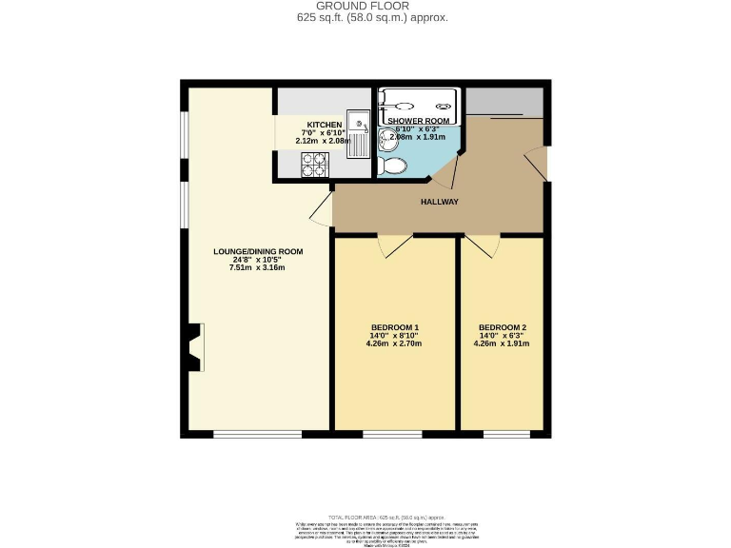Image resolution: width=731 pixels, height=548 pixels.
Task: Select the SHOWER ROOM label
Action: (x=418, y=121)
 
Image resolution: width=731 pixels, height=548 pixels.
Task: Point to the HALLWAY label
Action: (x=440, y=202)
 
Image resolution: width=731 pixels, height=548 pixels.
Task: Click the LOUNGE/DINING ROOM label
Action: (x=257, y=251)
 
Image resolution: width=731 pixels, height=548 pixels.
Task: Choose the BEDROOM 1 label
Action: (x=394, y=327)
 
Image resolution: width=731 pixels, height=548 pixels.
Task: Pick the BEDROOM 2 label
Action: (x=502, y=327)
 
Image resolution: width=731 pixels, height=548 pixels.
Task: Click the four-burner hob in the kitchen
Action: (x=315, y=167)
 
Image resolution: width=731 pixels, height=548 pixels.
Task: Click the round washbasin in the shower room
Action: (x=388, y=140)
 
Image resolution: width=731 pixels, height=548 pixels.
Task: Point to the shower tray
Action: (x=419, y=101)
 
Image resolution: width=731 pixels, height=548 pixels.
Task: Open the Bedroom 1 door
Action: (x=394, y=245)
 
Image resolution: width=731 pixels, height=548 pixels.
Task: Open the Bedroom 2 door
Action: (x=482, y=245)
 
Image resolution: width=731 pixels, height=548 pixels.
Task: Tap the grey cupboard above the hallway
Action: (x=504, y=101)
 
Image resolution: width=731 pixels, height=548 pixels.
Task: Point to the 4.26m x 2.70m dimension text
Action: (x=394, y=343)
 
